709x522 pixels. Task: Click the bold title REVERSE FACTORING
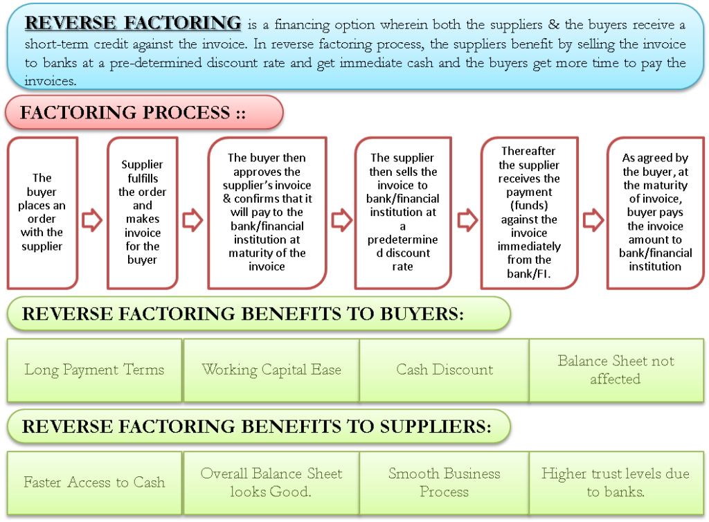133,23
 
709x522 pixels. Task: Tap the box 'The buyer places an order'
42,212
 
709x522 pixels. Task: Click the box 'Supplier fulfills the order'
142,212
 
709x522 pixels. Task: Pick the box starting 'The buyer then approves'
267,212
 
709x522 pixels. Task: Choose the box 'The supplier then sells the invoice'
404,212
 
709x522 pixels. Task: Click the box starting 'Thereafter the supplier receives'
529,212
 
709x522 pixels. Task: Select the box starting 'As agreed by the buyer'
655,212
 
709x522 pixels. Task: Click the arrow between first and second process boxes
92,220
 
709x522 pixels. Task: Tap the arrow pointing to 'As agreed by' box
593,220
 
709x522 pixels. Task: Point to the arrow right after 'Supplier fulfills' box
192,220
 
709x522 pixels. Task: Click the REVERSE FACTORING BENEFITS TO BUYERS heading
242,314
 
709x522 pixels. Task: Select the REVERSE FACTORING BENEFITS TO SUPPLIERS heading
256,426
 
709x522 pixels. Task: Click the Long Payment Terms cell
94,370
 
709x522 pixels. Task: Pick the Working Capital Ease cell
271,370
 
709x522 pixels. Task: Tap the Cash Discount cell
445,370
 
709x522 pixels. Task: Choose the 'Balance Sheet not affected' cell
616,370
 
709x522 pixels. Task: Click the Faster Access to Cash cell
94,483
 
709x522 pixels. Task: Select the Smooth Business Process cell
445,483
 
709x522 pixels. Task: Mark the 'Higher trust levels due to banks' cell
616,483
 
